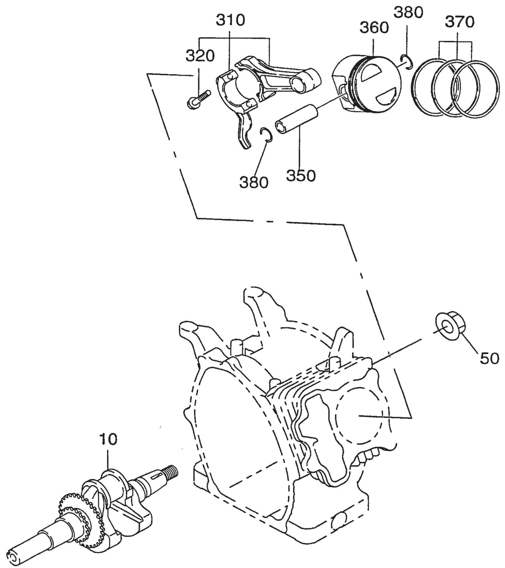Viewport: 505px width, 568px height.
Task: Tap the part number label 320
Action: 200,56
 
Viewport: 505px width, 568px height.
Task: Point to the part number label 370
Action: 459,22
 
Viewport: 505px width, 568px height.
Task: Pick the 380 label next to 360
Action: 408,13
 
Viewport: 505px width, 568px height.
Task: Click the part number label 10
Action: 108,439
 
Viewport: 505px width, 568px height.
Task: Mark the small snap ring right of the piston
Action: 407,61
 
